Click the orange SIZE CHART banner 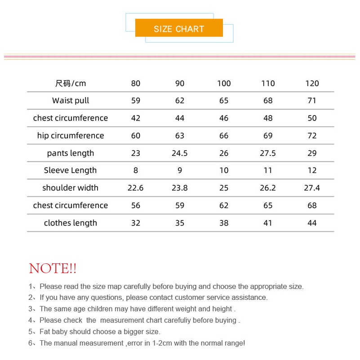(x=179, y=28)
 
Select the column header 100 (x=224, y=83)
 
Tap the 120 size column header (x=312, y=83)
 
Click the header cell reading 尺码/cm (x=71, y=83)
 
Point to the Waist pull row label (x=71, y=101)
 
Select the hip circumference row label (x=71, y=136)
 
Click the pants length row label (x=71, y=153)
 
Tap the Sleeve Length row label (x=71, y=170)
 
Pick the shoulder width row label (x=71, y=188)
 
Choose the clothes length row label (x=71, y=223)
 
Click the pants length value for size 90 (x=180, y=153)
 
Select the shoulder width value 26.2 (x=268, y=188)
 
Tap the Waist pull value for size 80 (x=136, y=101)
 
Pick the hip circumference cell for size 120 (x=312, y=136)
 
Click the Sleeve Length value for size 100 (x=224, y=170)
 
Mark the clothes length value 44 (x=312, y=223)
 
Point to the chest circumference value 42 (x=136, y=118)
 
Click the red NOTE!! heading (x=53, y=269)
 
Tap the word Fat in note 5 (x=45, y=332)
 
